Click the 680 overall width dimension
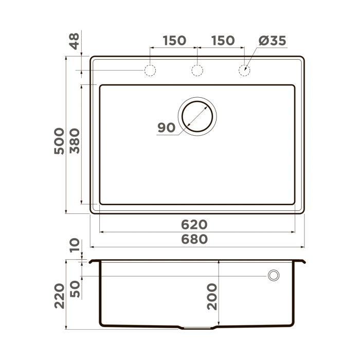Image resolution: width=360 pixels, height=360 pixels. point(194,239)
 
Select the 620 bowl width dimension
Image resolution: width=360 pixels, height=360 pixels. point(194,225)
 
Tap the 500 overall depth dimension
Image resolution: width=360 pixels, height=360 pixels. point(59,140)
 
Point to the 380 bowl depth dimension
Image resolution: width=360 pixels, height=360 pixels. point(75,140)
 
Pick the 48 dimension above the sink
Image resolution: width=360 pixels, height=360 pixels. point(75,41)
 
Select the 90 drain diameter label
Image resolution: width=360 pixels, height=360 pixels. point(167,128)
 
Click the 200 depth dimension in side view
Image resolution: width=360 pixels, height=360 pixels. point(211,297)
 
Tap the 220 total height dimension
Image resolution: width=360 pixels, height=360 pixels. point(59,295)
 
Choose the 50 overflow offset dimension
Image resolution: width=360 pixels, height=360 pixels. point(75,289)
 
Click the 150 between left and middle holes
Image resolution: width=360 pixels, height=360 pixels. point(174,41)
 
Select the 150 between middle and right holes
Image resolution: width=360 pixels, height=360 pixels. point(223,41)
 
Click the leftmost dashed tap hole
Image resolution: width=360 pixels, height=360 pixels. point(150,70)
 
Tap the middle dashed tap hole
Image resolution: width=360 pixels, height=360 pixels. point(197,70)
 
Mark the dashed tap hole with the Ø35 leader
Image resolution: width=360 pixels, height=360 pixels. point(244,70)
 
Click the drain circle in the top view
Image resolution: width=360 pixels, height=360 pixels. point(197,116)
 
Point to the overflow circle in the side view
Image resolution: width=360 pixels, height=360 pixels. point(273,276)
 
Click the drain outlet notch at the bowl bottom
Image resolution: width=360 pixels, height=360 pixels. point(197,328)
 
